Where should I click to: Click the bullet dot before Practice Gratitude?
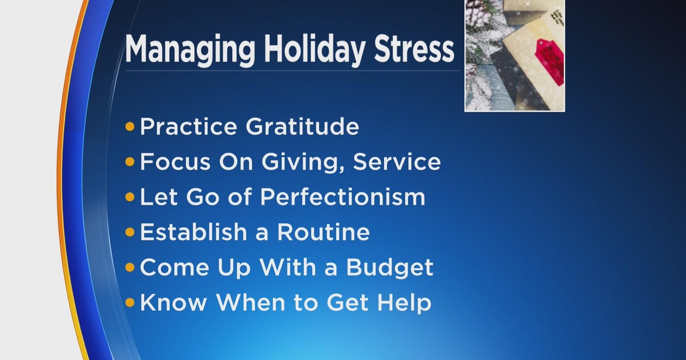tap(130, 127)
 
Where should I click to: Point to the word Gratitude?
tap(302, 127)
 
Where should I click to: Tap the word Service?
tap(397, 162)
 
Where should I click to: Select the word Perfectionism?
tap(342, 197)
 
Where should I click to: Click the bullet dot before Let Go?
tap(130, 198)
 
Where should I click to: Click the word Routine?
tap(323, 232)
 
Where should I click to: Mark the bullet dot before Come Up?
tap(130, 267)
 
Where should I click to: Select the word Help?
tap(406, 303)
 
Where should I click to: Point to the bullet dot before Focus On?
tap(130, 163)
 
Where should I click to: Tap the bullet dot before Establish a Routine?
tap(130, 233)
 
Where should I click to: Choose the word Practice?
tap(189, 127)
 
